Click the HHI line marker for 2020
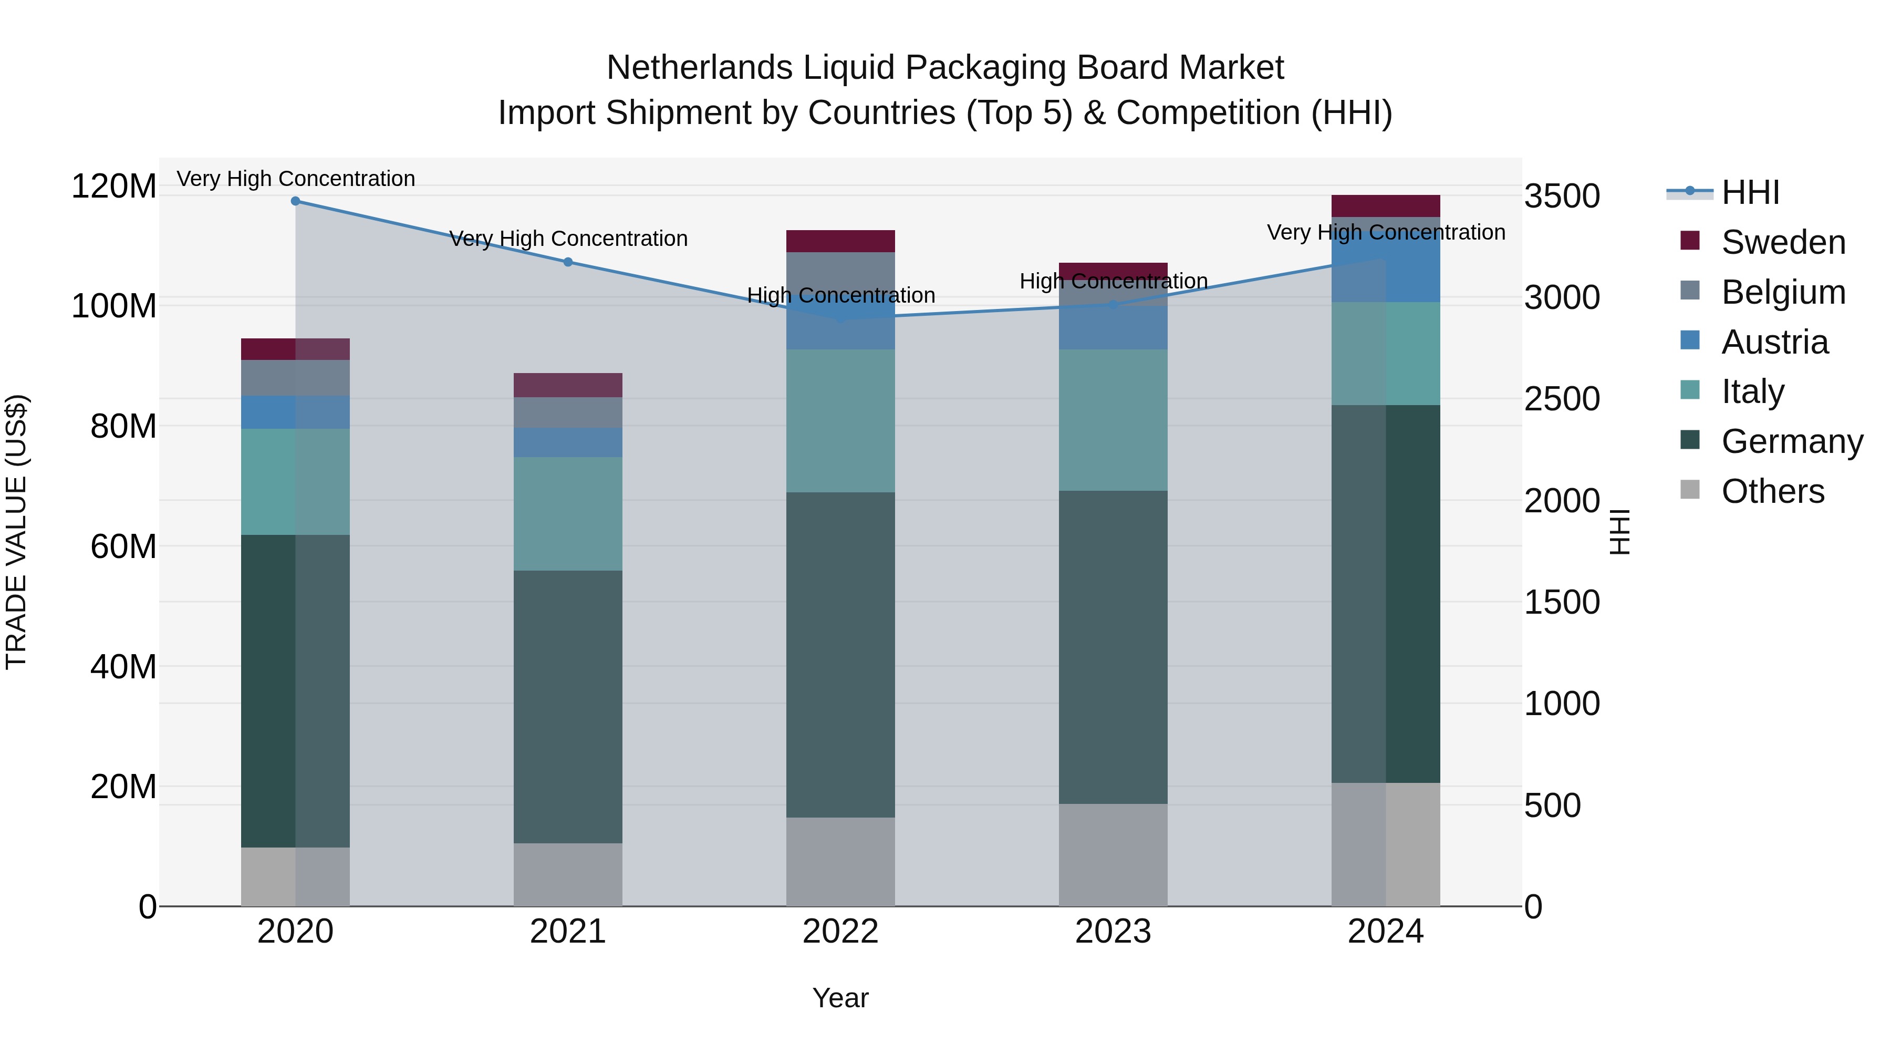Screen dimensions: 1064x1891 click(295, 201)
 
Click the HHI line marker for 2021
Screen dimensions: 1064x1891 click(567, 262)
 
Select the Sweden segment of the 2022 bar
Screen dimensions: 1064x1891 click(840, 241)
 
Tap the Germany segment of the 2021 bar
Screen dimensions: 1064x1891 click(567, 706)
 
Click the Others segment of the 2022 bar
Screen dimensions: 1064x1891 click(840, 861)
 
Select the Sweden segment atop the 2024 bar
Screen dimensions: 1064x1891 click(1385, 205)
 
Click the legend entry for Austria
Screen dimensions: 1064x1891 click(1774, 342)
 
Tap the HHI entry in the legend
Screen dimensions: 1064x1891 click(1750, 192)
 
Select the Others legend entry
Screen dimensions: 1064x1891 click(1772, 491)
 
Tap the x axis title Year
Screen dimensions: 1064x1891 click(840, 998)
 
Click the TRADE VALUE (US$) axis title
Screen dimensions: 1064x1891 click(16, 532)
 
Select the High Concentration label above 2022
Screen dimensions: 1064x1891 click(840, 295)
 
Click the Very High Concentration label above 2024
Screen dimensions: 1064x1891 click(1385, 232)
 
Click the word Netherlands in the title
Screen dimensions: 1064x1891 click(699, 68)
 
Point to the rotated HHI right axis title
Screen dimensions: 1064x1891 click(1619, 532)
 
